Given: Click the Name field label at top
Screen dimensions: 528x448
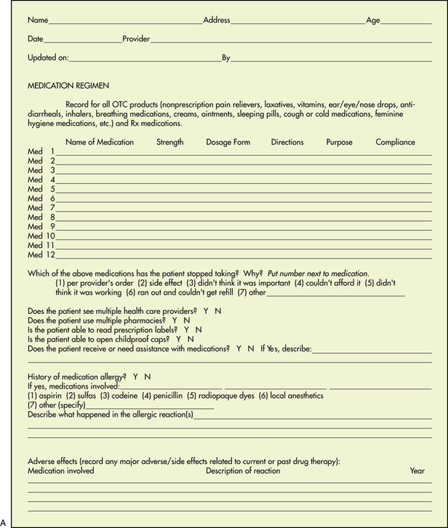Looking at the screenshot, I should pyautogui.click(x=38, y=20).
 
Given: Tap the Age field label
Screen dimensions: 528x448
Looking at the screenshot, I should pyautogui.click(x=373, y=20).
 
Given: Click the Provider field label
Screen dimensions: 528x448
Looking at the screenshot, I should pyautogui.click(x=136, y=39).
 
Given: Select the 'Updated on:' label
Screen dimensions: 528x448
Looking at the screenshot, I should pyautogui.click(x=48, y=58).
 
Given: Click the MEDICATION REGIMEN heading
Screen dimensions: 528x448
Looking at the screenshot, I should pyautogui.click(x=68, y=85).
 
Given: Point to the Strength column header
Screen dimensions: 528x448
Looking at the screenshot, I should pyautogui.click(x=170, y=142).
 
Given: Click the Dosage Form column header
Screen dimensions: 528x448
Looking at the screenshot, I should pyautogui.click(x=228, y=142).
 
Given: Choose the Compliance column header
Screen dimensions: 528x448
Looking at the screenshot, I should pyautogui.click(x=395, y=142).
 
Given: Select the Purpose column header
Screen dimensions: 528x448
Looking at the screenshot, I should pyautogui.click(x=340, y=142).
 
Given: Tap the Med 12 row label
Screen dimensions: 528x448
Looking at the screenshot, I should pyautogui.click(x=42, y=254).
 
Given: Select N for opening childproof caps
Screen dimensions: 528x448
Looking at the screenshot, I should pyautogui.click(x=190, y=339).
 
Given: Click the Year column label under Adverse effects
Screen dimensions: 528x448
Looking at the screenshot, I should pyautogui.click(x=417, y=470).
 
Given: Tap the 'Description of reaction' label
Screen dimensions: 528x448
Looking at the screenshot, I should pyautogui.click(x=242, y=470).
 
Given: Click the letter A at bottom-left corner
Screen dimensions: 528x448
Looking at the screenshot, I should pyautogui.click(x=4, y=522).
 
